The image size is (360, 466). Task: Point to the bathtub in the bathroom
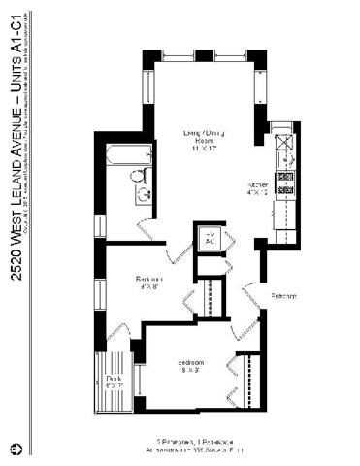[x=126, y=155]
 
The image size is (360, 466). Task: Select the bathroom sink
[x=144, y=195]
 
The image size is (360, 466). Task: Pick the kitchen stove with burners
[x=285, y=179]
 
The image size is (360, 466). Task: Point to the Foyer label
[x=283, y=295]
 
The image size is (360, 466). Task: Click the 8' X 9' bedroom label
[x=190, y=367]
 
